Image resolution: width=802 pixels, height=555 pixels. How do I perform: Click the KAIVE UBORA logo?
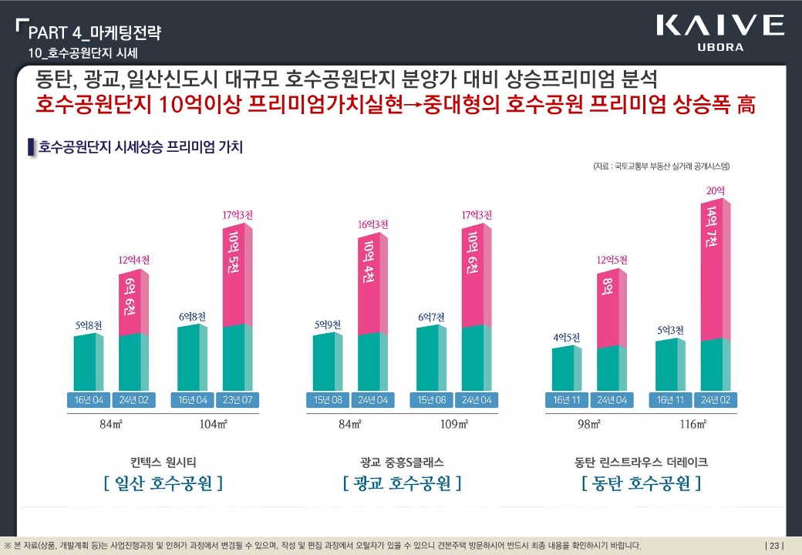coord(719,32)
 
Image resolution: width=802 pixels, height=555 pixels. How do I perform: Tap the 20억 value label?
coord(715,190)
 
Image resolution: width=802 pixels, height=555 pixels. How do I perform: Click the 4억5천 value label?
coord(566,337)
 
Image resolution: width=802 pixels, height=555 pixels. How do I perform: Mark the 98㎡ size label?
coord(589,424)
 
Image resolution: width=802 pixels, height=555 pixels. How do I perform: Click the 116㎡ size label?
coord(692,424)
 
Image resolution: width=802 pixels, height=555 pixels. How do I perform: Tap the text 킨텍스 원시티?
coord(163,462)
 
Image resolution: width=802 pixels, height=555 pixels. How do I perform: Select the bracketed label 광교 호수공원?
coord(402,483)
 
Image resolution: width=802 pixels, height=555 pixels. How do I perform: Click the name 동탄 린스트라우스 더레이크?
coord(641,462)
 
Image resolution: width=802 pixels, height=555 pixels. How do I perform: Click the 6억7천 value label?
coord(431,317)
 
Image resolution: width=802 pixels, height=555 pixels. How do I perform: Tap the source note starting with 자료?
coord(661,166)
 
